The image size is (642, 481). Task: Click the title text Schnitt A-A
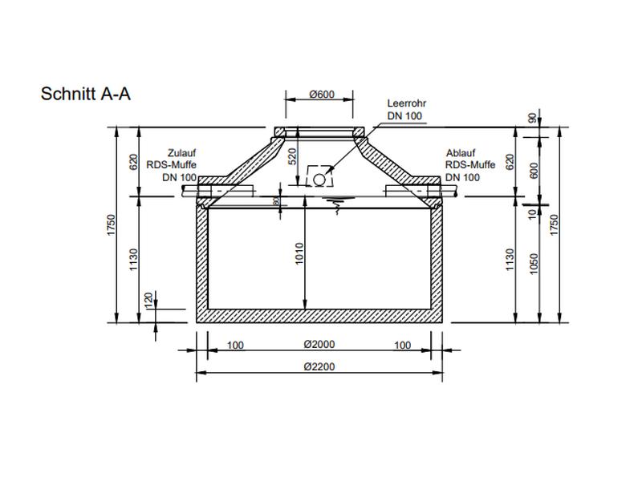tap(86, 94)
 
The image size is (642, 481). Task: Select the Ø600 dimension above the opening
tap(321, 95)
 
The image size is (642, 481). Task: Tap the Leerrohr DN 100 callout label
tap(404, 110)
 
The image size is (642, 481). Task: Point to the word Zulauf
tap(182, 153)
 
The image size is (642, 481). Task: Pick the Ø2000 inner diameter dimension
tap(319, 346)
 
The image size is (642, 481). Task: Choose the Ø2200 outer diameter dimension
tap(319, 367)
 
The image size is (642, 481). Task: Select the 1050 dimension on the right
tap(534, 262)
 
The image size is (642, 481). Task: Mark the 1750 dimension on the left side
tap(112, 225)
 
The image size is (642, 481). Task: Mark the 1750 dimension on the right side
tap(555, 225)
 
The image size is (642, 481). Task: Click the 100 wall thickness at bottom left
tap(235, 346)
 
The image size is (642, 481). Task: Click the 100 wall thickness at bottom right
tap(403, 346)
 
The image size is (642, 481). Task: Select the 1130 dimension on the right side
tap(510, 259)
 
